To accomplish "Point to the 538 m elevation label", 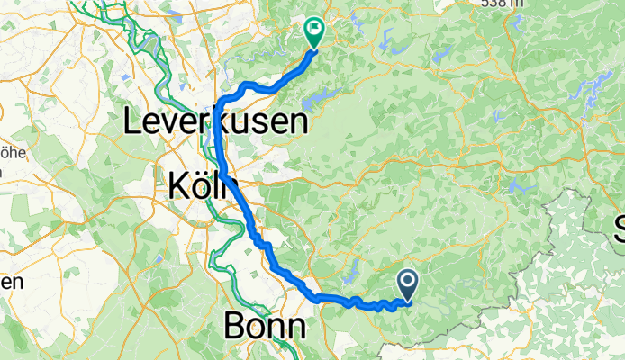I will (x=503, y=4).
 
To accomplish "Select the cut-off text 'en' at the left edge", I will (x=9, y=282).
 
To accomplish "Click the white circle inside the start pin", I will (x=407, y=283).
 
